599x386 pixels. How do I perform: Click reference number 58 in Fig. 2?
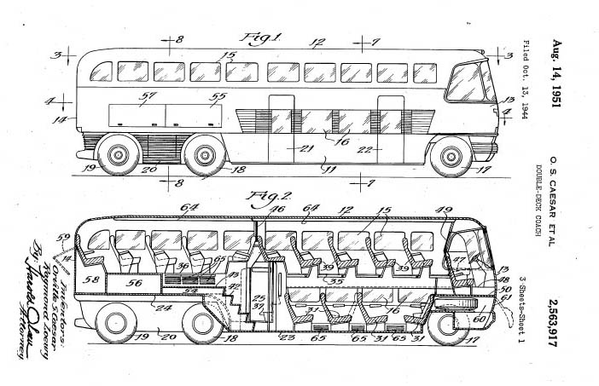[91, 279]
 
